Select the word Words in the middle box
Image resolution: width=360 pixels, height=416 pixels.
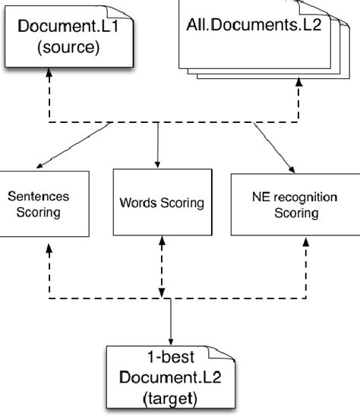136,203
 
